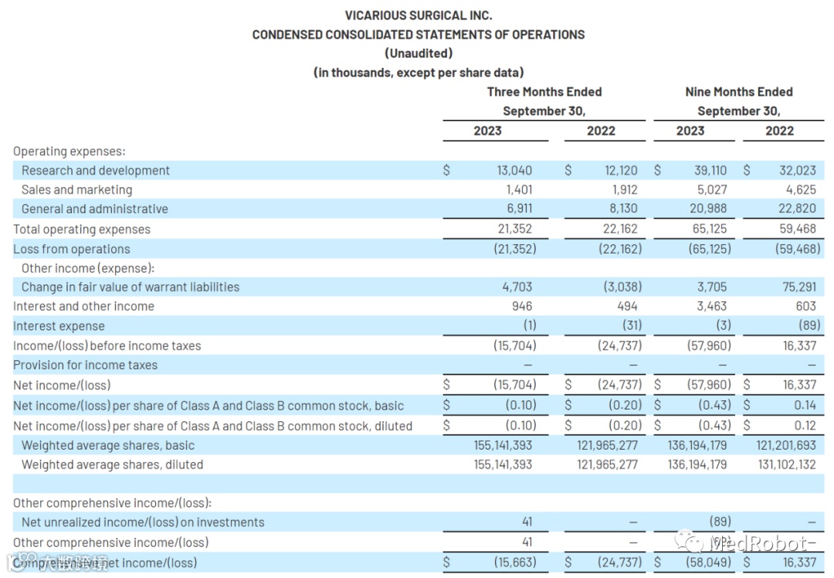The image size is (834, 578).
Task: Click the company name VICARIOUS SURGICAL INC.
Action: pos(418,15)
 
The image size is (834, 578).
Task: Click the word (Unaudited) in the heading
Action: pos(418,53)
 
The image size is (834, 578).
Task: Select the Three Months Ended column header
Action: pos(544,92)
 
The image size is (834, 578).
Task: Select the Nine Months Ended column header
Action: pos(738,92)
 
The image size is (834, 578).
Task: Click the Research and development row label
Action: pos(96,171)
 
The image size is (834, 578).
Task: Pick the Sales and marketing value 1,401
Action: pos(518,190)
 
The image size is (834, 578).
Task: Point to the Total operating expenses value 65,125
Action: pos(709,229)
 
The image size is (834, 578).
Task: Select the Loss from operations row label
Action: pos(72,250)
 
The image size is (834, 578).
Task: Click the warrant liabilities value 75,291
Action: pos(798,287)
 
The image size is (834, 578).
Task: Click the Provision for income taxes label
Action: pos(85,365)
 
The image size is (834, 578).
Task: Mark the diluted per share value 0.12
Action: pos(804,426)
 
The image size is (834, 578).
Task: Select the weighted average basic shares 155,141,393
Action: pos(503,446)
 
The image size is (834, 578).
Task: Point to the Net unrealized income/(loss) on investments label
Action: pos(143,523)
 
